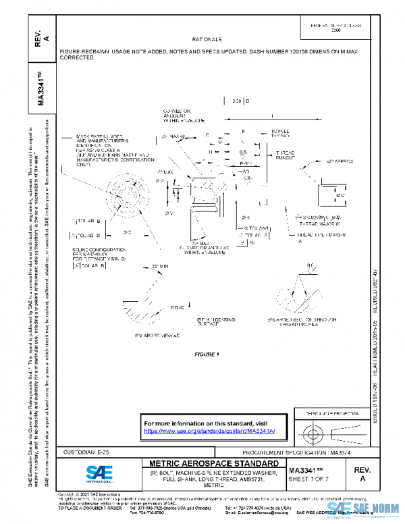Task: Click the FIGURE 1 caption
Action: (x=207, y=354)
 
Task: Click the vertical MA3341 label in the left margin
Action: (x=42, y=87)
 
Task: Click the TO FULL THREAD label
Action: (x=282, y=134)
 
